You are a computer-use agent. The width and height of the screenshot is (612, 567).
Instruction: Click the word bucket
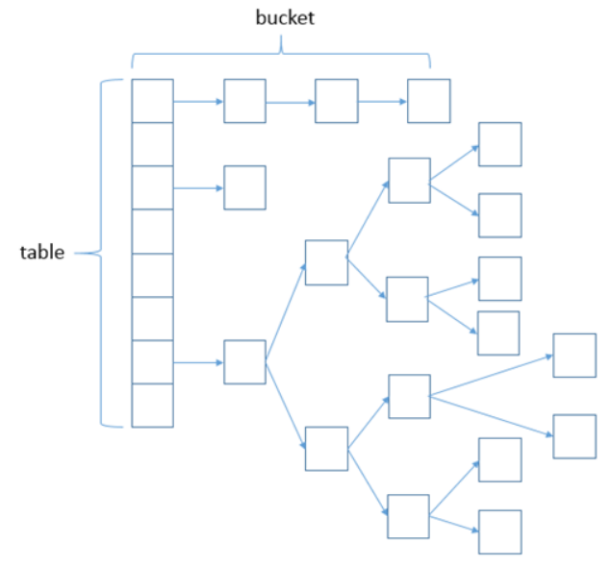click(285, 18)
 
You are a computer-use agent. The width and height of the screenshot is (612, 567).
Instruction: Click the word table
click(42, 253)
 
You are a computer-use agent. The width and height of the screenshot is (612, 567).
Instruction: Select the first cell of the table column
click(153, 101)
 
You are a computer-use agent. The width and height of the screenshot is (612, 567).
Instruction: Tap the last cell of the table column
click(153, 406)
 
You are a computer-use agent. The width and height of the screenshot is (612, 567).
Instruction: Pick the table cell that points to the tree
click(153, 362)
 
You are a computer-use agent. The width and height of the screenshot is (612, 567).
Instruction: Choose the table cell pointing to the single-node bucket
click(153, 187)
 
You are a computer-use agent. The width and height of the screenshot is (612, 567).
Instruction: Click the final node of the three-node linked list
click(429, 101)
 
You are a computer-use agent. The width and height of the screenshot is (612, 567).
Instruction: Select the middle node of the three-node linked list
click(337, 101)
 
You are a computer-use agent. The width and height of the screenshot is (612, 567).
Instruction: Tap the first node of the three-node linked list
click(245, 101)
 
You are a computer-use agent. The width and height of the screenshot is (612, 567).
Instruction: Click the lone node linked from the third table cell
click(245, 187)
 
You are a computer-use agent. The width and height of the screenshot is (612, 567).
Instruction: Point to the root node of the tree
click(245, 362)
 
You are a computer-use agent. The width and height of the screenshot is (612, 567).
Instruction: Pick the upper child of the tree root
click(326, 262)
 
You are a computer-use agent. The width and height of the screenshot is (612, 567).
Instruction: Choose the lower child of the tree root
click(326, 449)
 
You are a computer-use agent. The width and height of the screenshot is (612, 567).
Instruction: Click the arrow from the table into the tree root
click(198, 363)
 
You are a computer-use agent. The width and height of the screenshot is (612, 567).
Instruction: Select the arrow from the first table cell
click(198, 102)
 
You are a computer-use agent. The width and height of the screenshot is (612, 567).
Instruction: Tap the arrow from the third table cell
click(198, 188)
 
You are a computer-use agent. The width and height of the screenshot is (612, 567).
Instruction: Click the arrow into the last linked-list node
click(383, 102)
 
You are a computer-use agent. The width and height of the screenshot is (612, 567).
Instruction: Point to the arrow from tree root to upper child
click(286, 311)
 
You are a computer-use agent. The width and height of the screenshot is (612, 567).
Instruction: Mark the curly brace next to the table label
click(101, 254)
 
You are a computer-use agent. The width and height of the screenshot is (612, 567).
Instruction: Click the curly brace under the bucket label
click(281, 54)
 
